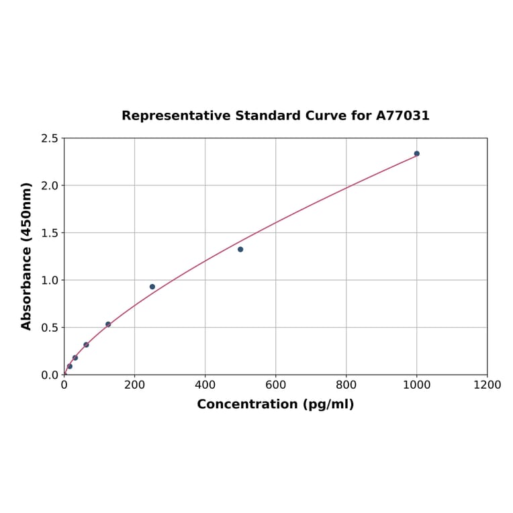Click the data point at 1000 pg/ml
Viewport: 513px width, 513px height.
click(x=416, y=154)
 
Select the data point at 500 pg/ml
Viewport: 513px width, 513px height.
click(x=240, y=249)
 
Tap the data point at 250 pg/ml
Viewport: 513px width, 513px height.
click(x=152, y=287)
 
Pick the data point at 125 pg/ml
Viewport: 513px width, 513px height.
click(x=108, y=324)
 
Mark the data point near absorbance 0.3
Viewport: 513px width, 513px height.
click(x=86, y=344)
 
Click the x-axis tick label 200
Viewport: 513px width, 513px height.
click(x=134, y=385)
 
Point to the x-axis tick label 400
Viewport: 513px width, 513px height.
click(x=205, y=385)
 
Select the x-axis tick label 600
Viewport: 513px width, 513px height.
click(x=275, y=385)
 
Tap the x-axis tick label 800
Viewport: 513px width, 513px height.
click(x=346, y=385)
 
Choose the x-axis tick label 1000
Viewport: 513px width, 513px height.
click(x=416, y=385)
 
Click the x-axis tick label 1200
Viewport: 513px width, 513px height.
click(x=487, y=385)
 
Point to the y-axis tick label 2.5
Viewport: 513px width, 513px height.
click(x=50, y=138)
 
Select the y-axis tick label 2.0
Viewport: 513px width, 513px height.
click(x=50, y=185)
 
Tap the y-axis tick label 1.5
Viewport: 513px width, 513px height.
click(x=50, y=233)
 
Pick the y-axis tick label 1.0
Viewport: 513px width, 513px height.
click(x=50, y=280)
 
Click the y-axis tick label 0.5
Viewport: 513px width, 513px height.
click(x=50, y=328)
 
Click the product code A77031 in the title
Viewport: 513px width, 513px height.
click(x=402, y=115)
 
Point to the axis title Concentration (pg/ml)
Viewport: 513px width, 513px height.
click(x=275, y=404)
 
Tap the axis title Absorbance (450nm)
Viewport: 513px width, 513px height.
click(x=27, y=256)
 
